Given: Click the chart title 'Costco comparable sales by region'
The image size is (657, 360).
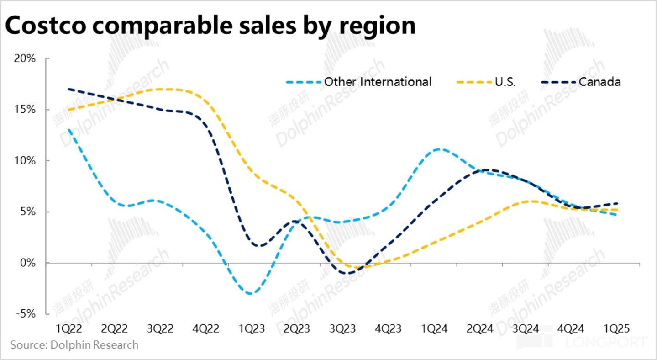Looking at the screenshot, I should pos(210,26).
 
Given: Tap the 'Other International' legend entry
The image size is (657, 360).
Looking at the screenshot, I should pos(377,82).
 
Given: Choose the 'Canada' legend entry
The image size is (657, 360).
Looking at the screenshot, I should pos(599,82).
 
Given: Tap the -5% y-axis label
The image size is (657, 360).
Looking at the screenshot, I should pos(27,314).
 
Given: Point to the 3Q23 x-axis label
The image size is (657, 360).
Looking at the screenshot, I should pos(343,329).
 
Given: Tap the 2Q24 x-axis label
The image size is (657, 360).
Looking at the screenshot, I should pos(480,329).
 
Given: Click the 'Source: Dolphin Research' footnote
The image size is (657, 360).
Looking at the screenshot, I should pos(74,345).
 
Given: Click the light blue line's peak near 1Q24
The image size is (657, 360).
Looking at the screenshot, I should pos(438,149).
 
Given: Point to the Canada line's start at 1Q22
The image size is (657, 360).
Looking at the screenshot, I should pos(68,89).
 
